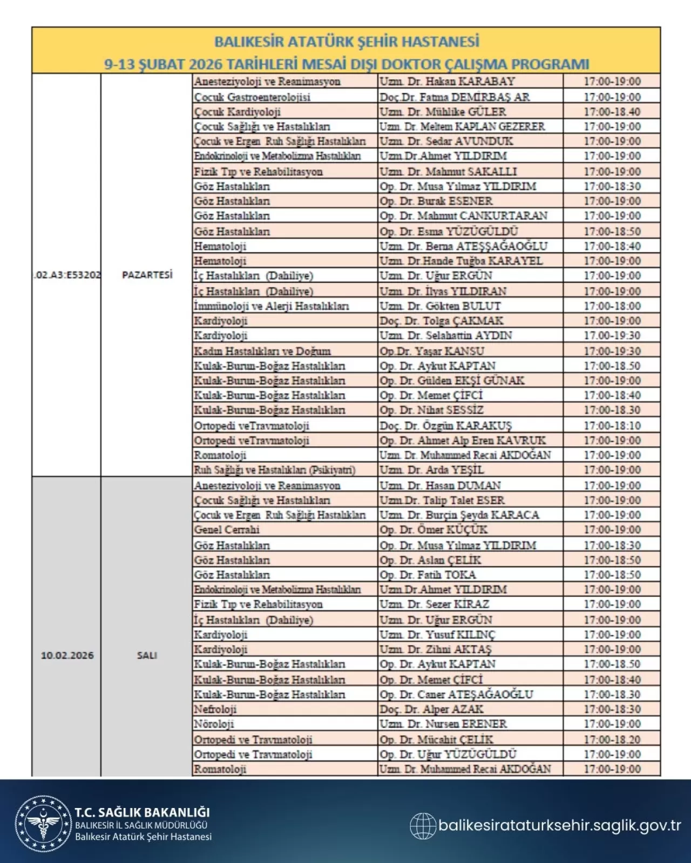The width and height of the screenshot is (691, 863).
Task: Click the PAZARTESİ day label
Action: (147, 275)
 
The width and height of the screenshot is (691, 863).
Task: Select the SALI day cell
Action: (147, 655)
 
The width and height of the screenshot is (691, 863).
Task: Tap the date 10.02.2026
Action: (67, 655)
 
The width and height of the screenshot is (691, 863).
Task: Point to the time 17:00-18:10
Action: (612, 426)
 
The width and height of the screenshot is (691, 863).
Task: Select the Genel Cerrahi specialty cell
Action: (227, 530)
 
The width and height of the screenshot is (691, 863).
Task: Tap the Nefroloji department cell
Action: (215, 709)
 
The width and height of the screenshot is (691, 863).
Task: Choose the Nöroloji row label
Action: (214, 724)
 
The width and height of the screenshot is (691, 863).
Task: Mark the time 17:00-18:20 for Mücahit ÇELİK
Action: (612, 739)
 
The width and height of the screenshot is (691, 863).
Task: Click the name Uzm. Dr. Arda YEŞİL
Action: (431, 470)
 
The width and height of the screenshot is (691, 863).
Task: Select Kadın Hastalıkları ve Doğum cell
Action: (262, 351)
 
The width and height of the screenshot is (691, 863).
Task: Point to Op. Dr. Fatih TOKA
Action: (428, 575)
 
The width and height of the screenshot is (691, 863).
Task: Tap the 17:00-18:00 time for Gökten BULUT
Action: (612, 306)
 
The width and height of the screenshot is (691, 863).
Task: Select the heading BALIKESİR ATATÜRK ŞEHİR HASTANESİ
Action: (347, 42)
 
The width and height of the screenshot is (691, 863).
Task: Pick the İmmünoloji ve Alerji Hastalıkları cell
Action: (272, 306)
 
